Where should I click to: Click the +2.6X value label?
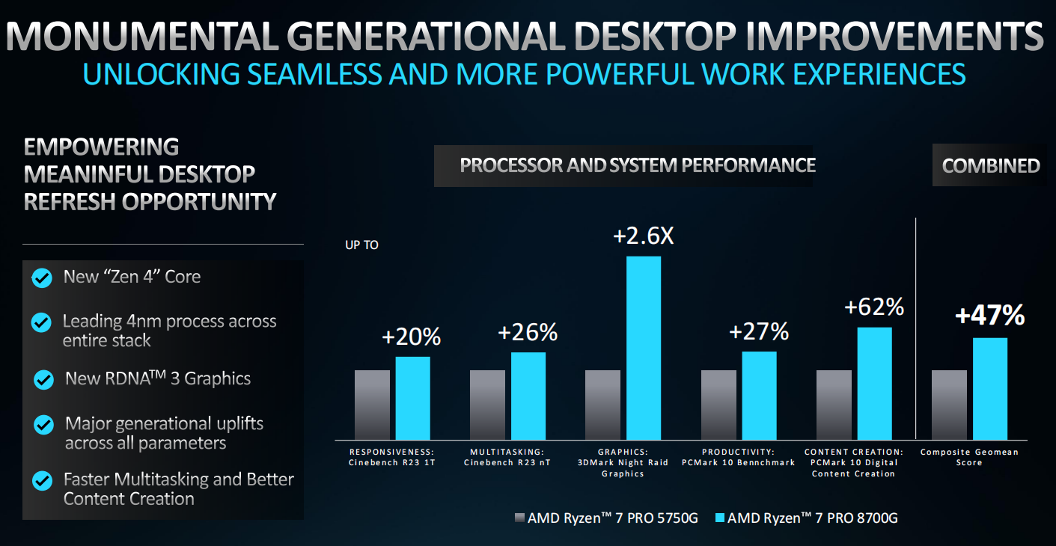click(644, 236)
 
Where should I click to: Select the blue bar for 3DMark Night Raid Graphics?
click(644, 347)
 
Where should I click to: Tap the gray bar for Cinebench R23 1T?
click(372, 404)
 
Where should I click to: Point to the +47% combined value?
click(989, 316)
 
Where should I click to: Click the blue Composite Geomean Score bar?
click(990, 388)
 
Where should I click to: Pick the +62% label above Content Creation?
click(874, 307)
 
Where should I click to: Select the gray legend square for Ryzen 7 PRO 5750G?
click(520, 518)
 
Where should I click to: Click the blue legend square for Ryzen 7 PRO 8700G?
click(721, 518)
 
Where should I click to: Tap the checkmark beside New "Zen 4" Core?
click(42, 278)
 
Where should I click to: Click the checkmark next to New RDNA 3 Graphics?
click(43, 379)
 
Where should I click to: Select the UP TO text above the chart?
click(361, 245)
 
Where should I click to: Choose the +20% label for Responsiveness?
click(411, 337)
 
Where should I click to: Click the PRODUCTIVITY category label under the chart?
click(738, 452)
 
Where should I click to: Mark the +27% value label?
click(759, 332)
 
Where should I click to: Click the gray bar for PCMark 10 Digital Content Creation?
click(834, 404)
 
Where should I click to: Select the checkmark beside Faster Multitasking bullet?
click(42, 480)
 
